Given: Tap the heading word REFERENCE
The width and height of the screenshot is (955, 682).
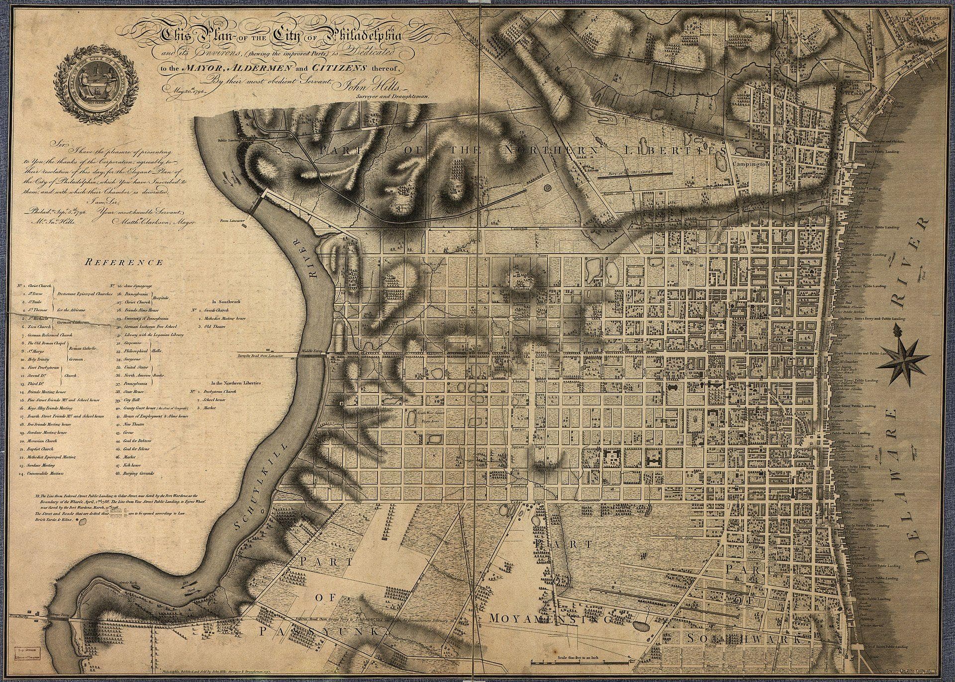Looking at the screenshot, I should pyautogui.click(x=124, y=262).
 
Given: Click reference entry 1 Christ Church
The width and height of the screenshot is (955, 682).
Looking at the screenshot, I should pyautogui.click(x=37, y=287).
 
